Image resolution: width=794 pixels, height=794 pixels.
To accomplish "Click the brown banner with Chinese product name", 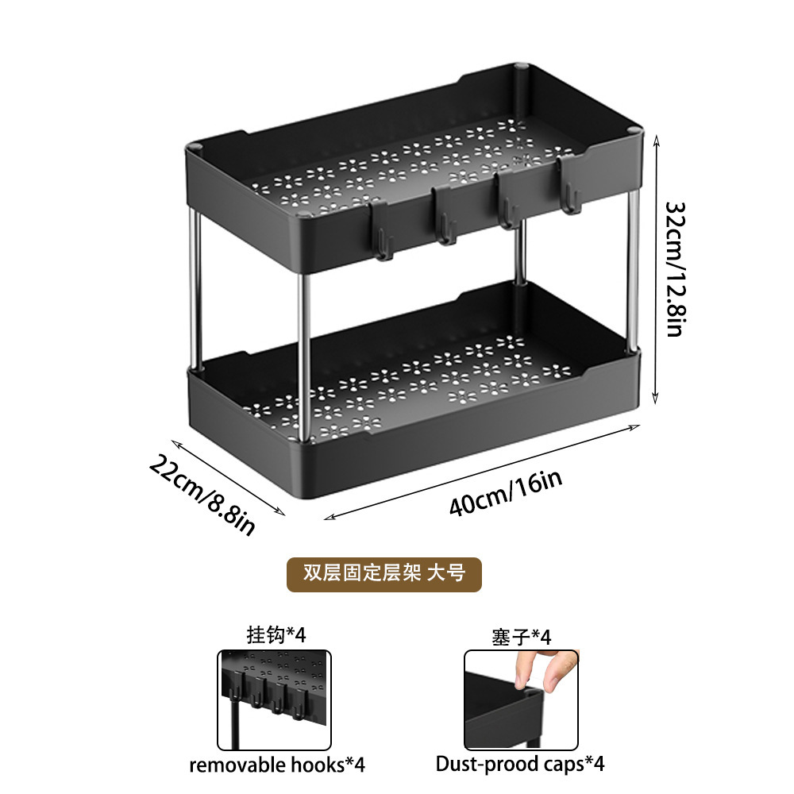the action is [x=384, y=572].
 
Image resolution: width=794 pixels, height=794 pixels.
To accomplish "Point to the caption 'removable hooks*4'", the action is [x=276, y=765].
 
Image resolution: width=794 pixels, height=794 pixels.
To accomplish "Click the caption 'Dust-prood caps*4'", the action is [x=520, y=765].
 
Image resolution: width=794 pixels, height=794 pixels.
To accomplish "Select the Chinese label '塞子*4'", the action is [x=521, y=636].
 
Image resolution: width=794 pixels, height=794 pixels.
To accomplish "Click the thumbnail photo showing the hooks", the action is [x=274, y=699].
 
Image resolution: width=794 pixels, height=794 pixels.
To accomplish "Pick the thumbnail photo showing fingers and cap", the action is [x=520, y=699].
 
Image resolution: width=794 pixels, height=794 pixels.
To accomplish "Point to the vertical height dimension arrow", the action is [x=655, y=270].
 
